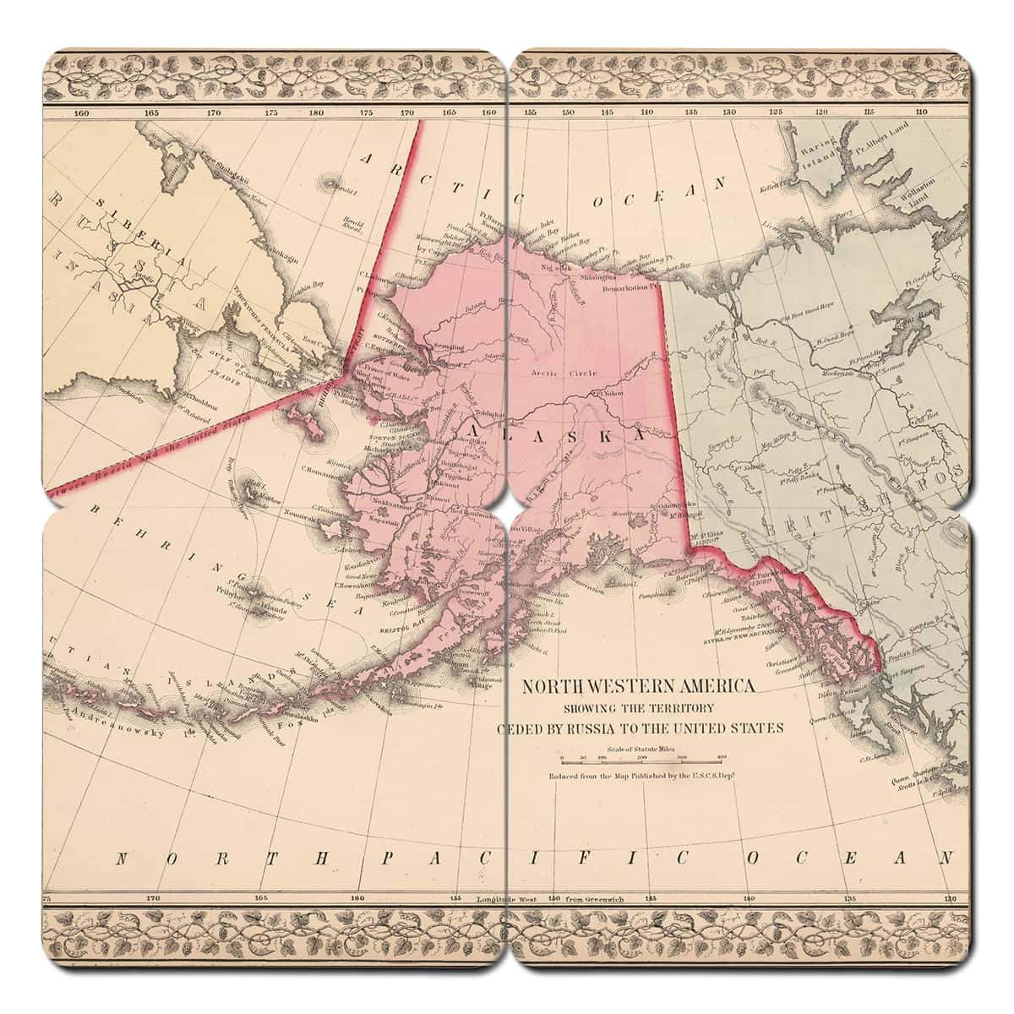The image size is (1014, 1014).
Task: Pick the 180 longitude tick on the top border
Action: coord(315,112)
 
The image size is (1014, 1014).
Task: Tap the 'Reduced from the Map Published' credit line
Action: coord(640,776)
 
